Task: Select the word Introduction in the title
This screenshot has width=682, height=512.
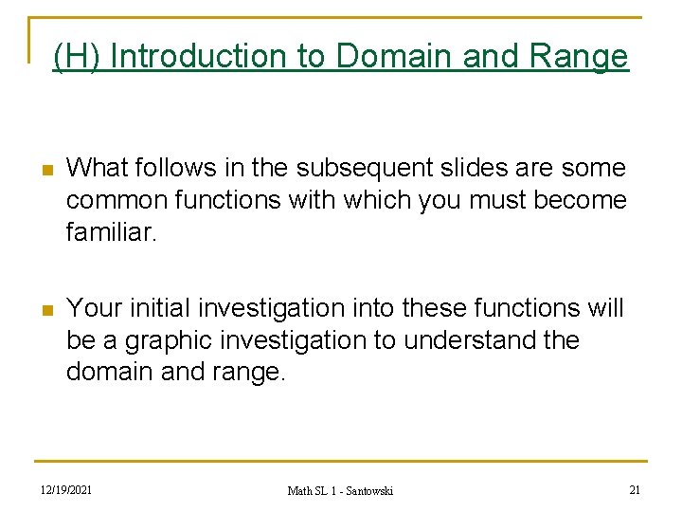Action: pyautogui.click(x=200, y=57)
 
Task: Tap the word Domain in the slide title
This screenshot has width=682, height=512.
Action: pyautogui.click(x=395, y=57)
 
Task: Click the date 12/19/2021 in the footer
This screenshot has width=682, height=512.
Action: pyautogui.click(x=66, y=489)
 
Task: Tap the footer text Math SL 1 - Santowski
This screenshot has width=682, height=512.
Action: pyautogui.click(x=340, y=490)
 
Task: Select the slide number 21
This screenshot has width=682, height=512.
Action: pyautogui.click(x=636, y=489)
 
